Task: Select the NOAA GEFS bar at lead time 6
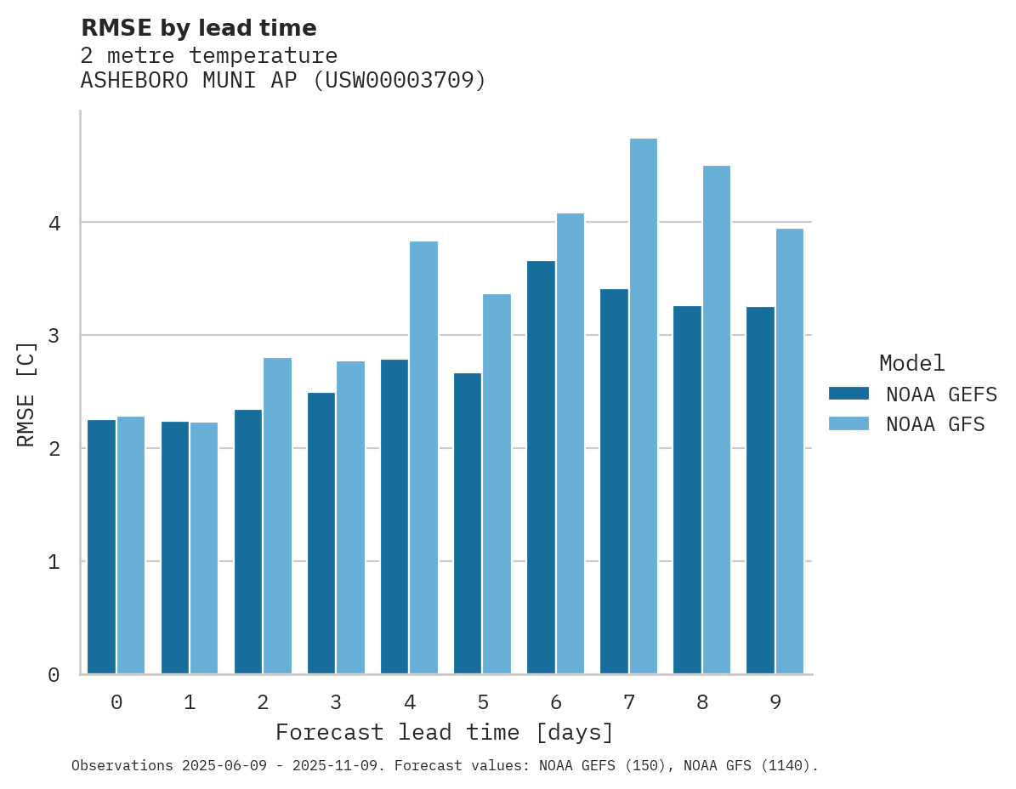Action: (541, 468)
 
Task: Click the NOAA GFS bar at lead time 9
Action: (790, 451)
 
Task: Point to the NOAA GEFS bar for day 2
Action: (248, 542)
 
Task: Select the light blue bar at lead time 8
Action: (717, 420)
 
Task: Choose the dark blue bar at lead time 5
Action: (468, 524)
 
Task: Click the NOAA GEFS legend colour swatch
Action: (849, 394)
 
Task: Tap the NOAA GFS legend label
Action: (935, 424)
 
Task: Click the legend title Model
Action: (912, 363)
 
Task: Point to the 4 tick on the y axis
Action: (54, 224)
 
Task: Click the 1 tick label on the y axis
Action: (54, 562)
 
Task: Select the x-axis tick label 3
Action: (337, 702)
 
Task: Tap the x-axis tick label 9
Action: (775, 702)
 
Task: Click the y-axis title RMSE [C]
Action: (27, 393)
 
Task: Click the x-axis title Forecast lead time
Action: (444, 732)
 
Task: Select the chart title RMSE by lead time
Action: (198, 28)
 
